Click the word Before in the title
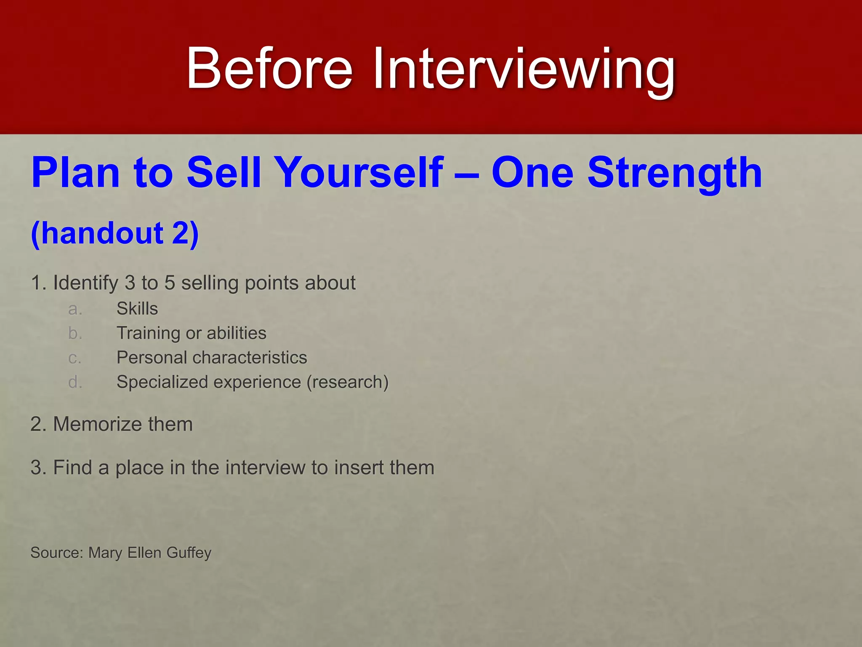(x=269, y=69)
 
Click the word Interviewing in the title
(x=524, y=70)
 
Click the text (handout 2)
(x=114, y=233)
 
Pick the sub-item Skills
(x=137, y=309)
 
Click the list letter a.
(x=75, y=309)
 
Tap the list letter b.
(x=75, y=333)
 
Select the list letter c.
(x=74, y=358)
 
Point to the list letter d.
(x=75, y=382)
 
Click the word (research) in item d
(x=348, y=382)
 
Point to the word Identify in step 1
(x=85, y=283)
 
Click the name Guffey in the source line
(x=189, y=553)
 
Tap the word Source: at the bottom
(x=57, y=553)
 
